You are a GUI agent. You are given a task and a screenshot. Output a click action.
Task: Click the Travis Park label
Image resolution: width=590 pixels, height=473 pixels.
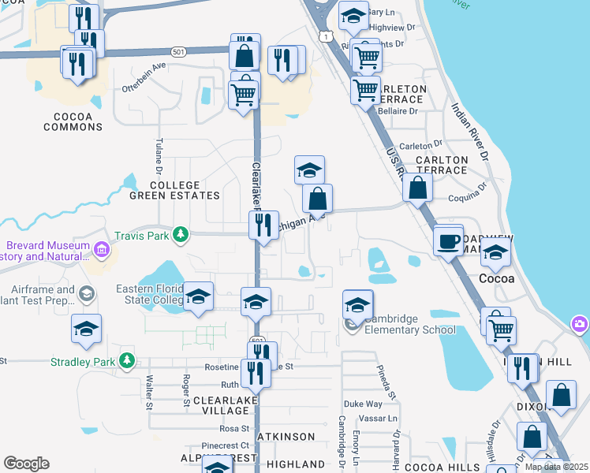click(x=142, y=234)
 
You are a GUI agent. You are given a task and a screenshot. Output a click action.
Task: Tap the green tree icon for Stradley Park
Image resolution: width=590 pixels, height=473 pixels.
click(x=126, y=361)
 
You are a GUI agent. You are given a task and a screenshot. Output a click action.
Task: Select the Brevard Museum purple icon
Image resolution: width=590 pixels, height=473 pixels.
click(x=102, y=250)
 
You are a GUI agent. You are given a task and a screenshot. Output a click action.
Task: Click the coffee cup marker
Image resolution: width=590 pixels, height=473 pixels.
click(x=448, y=240)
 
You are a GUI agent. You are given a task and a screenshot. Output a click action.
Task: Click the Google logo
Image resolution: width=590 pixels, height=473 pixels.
click(x=26, y=464)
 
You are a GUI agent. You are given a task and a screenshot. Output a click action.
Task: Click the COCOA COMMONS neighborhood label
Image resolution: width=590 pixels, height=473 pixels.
click(x=73, y=121)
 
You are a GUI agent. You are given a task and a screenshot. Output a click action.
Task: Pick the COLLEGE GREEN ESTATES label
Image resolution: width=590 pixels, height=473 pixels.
click(x=174, y=190)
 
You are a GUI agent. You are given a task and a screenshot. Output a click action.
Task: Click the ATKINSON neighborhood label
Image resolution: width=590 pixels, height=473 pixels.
click(x=286, y=436)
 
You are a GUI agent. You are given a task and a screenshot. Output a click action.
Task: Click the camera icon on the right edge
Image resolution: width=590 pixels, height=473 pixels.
click(x=581, y=323)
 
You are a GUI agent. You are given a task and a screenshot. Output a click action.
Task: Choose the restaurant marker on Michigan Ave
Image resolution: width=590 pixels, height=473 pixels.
click(x=263, y=225)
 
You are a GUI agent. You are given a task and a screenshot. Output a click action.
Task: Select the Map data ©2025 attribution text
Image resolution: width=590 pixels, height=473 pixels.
click(x=557, y=467)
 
